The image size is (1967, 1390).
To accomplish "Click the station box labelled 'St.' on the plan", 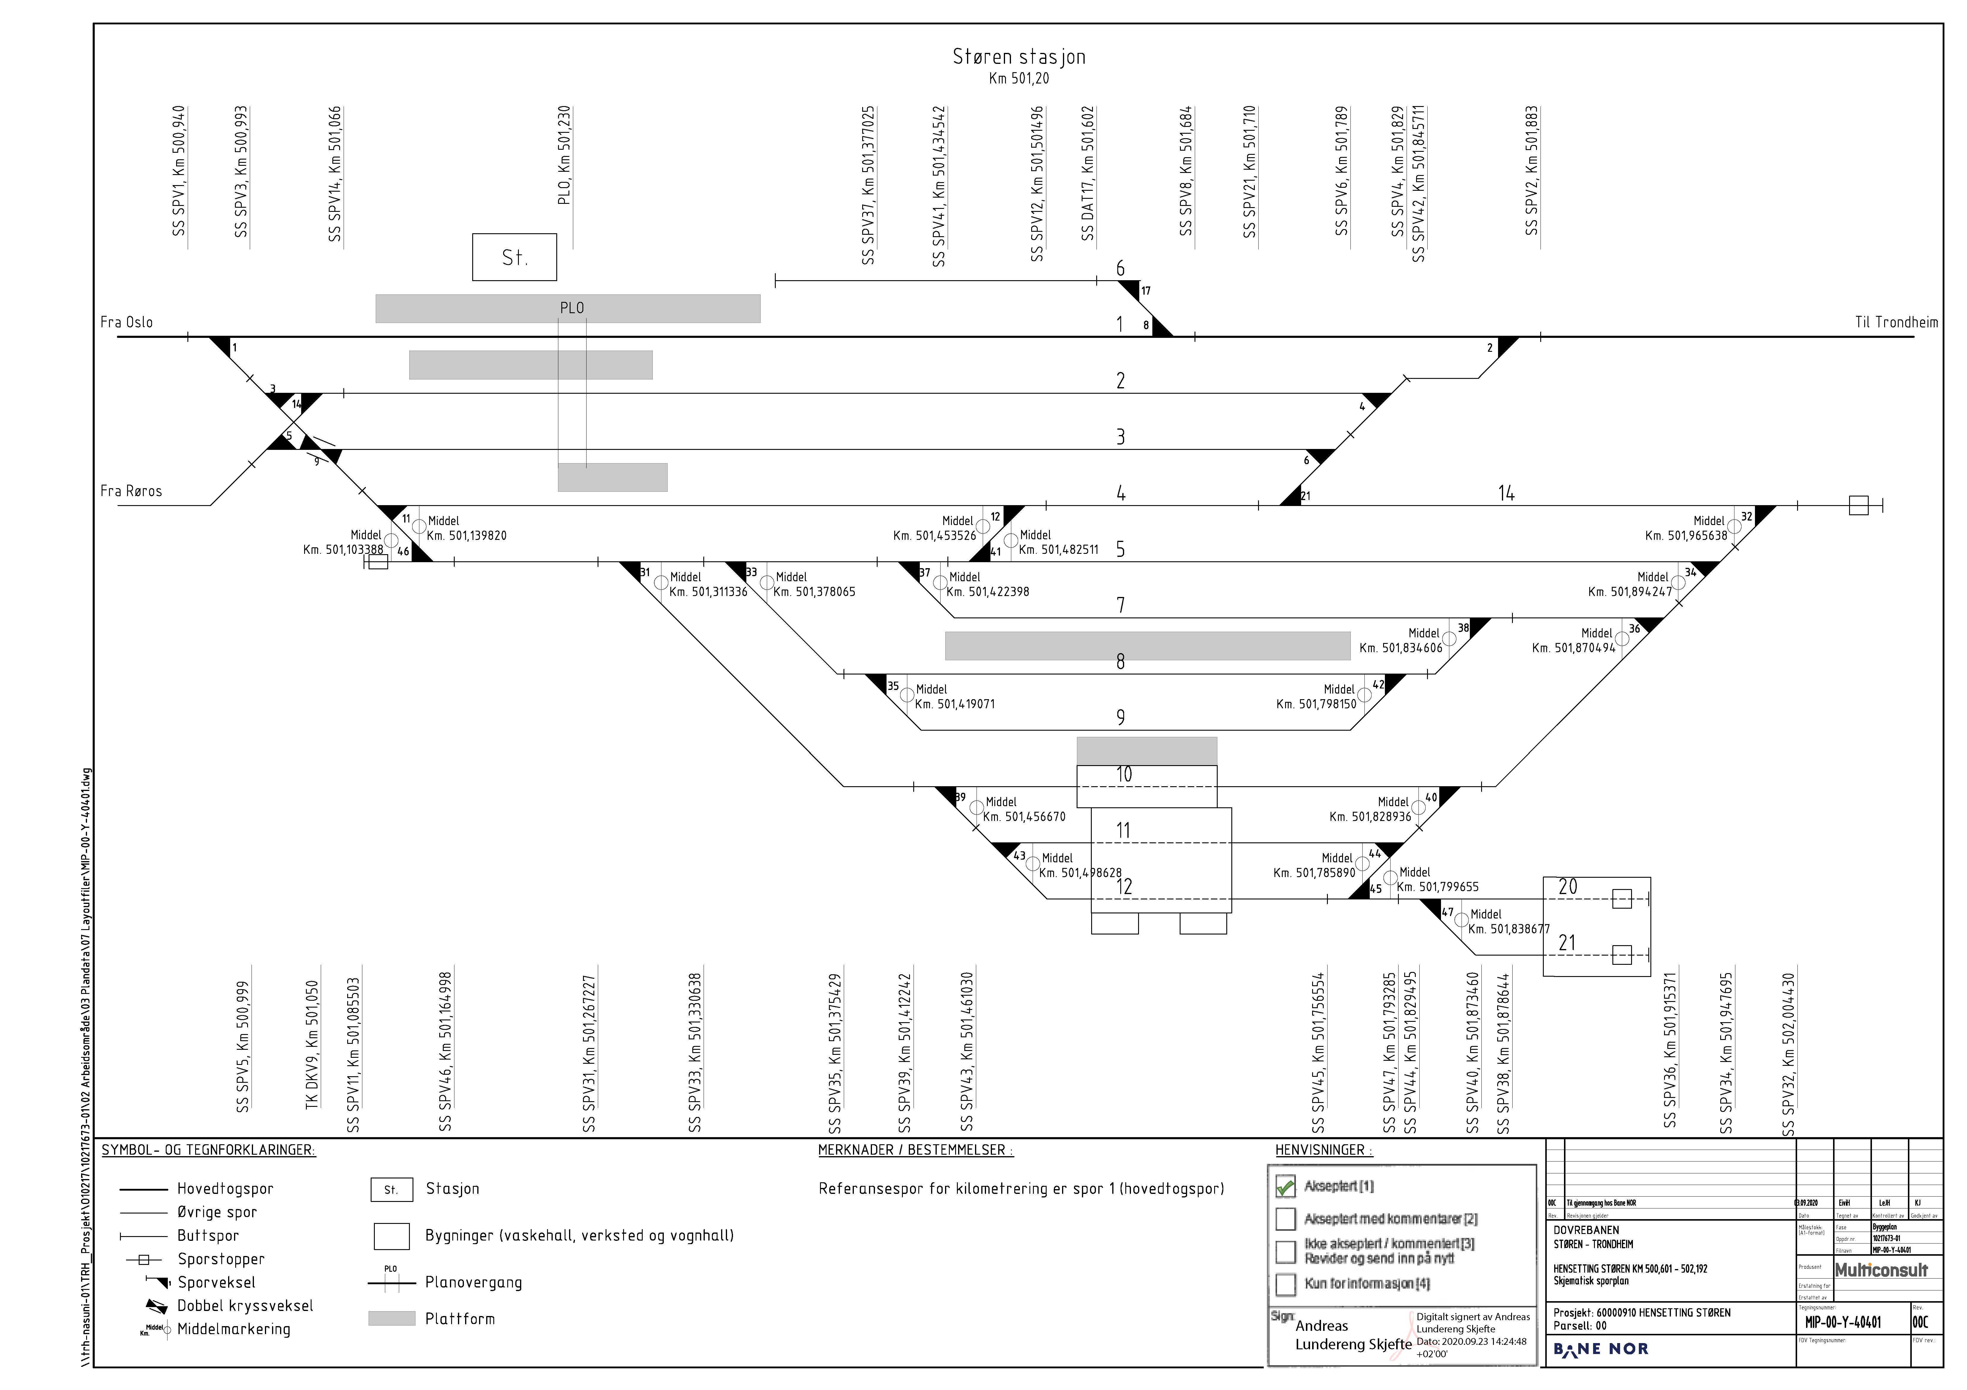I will click(x=514, y=257).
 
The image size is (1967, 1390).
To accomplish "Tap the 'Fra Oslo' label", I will click(x=127, y=322).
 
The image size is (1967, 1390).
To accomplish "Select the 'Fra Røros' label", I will click(x=131, y=491).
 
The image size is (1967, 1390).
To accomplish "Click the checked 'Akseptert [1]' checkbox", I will click(x=1285, y=1187).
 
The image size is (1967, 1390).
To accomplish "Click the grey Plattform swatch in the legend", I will click(x=391, y=1319).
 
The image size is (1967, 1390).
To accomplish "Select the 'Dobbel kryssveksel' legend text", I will click(x=245, y=1306).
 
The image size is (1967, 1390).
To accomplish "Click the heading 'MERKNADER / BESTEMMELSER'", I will click(x=915, y=1150).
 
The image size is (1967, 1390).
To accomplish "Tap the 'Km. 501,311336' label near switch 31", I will click(x=708, y=591).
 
